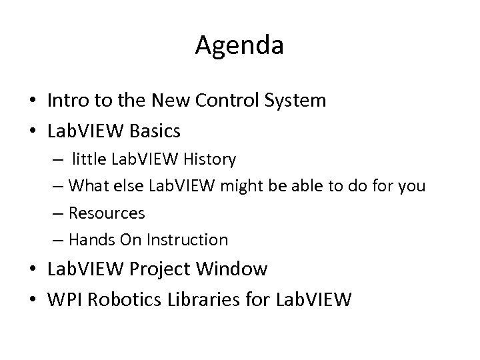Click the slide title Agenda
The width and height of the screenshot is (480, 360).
[240, 45]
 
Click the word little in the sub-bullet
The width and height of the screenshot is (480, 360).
[91, 159]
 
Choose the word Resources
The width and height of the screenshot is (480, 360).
[106, 213]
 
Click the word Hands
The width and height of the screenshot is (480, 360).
[88, 239]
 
